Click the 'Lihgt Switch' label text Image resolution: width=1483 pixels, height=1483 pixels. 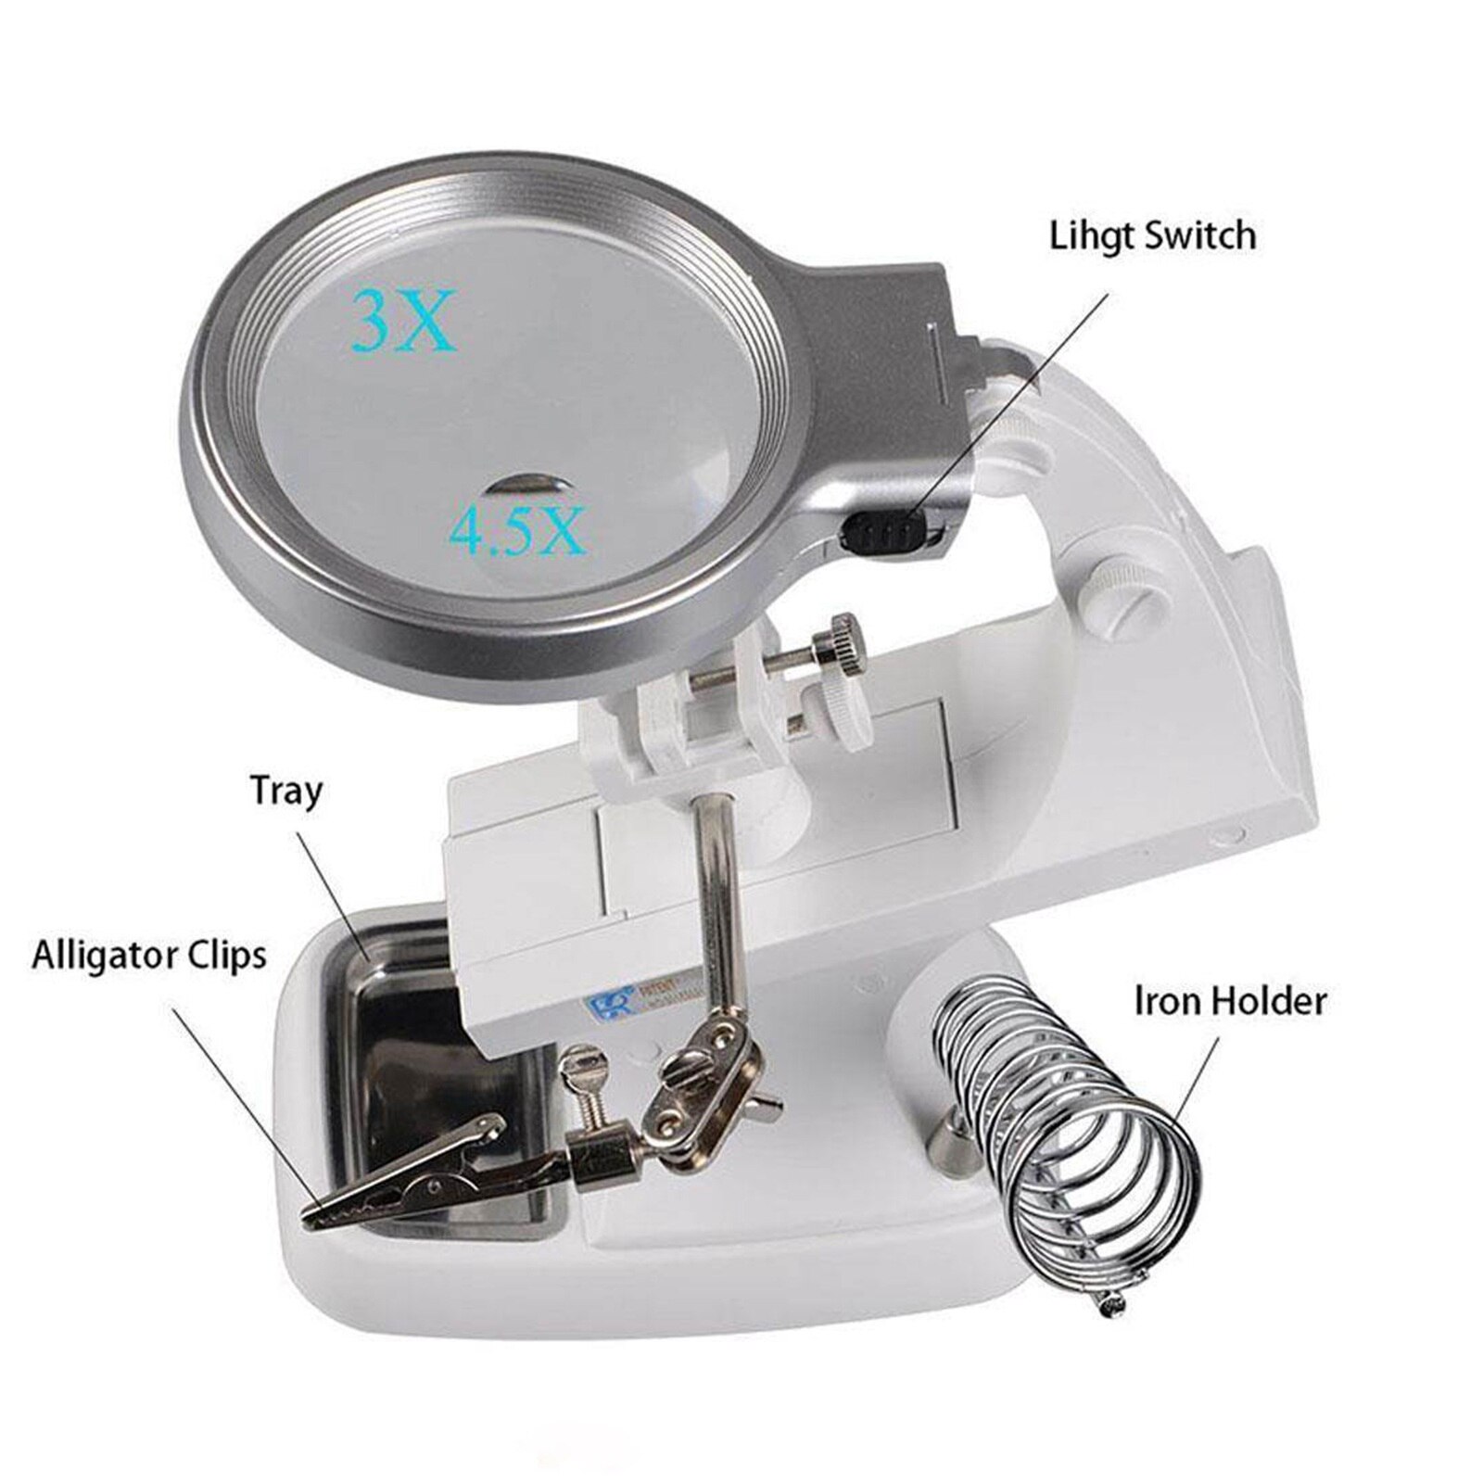[1152, 235]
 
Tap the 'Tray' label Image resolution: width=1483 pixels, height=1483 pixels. [286, 792]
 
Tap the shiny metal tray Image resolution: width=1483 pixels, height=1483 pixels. [436, 1094]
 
